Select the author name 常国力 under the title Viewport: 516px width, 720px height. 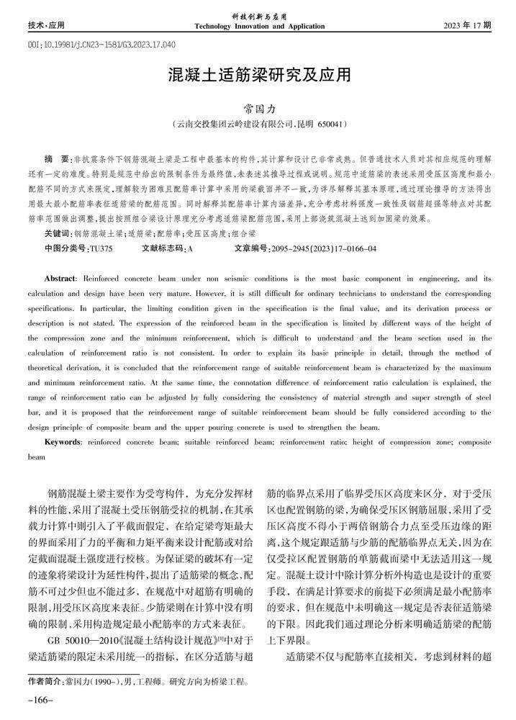pos(258,109)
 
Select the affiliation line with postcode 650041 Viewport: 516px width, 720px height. pos(258,125)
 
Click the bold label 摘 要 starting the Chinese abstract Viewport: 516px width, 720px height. pos(56,157)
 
